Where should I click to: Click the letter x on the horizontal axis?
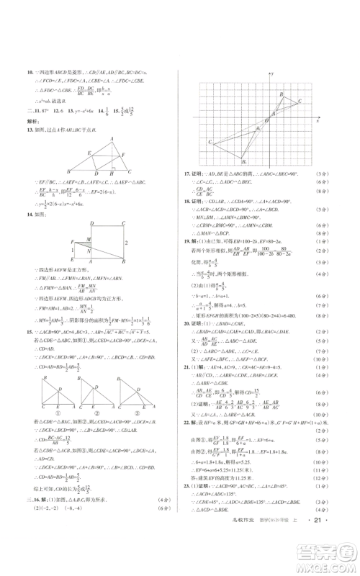(x=317, y=120)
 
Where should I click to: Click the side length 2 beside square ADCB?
(x=125, y=243)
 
